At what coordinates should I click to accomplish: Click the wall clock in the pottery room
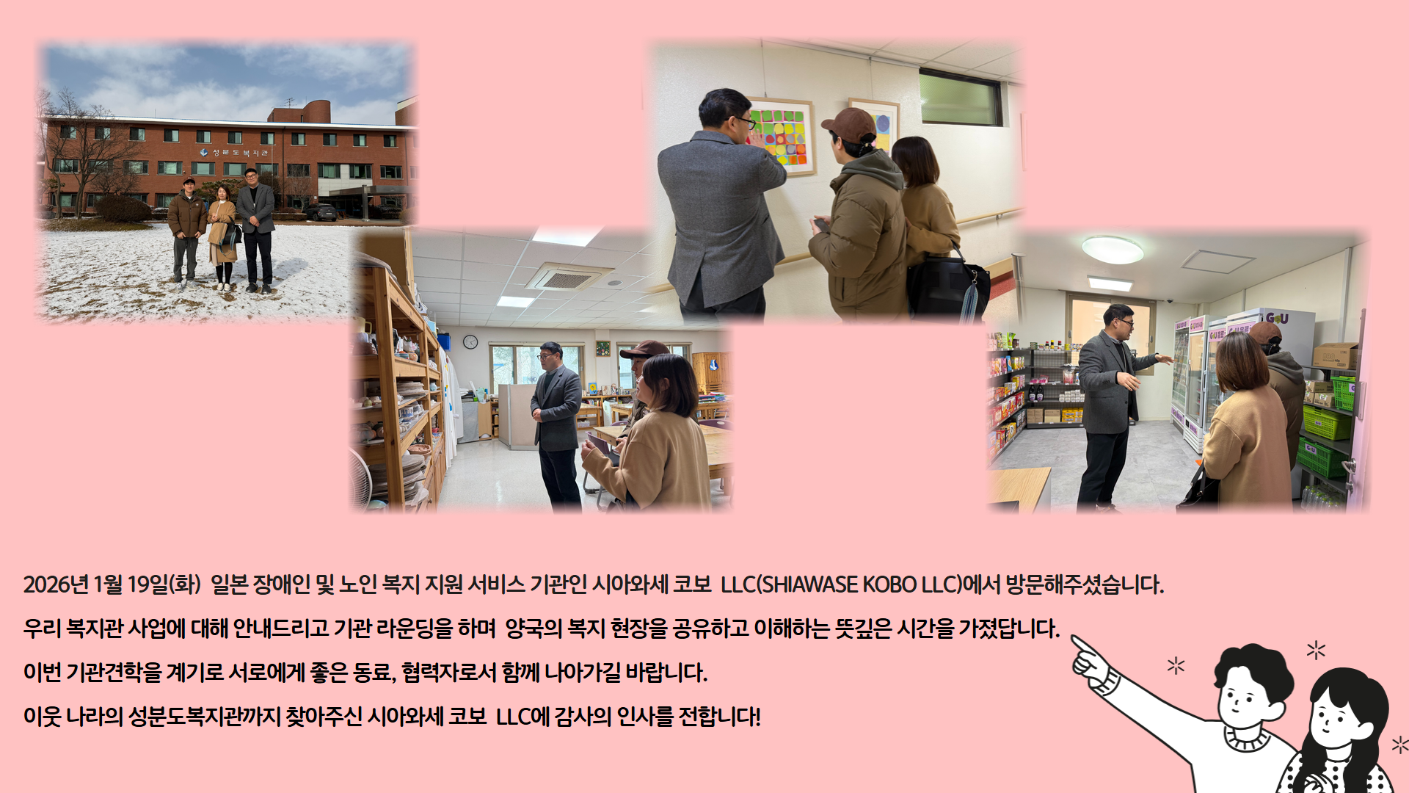470,341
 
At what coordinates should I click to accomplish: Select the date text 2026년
56,584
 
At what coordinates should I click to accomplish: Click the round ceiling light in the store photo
1113,249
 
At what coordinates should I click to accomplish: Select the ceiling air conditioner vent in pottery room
566,278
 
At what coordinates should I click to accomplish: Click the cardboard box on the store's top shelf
1335,356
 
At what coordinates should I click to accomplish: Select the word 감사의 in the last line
583,716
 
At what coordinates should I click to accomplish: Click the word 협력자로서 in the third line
449,673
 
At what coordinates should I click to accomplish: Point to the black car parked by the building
321,212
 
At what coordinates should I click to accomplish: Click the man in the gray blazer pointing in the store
1111,405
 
